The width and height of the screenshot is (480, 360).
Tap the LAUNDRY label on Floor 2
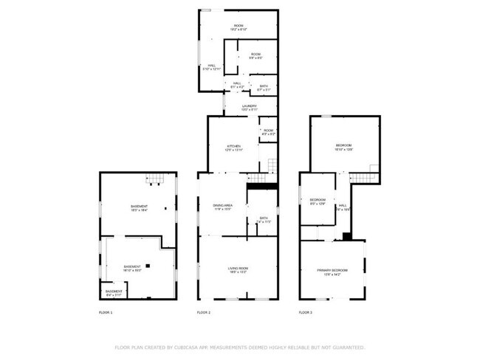249,108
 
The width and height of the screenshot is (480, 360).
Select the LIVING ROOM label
237,270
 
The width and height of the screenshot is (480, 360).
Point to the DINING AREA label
222,207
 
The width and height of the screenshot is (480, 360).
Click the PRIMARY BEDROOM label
332,272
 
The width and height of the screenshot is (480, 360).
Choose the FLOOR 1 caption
106,313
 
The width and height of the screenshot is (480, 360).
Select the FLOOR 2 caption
204,313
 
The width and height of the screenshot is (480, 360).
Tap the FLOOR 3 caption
306,313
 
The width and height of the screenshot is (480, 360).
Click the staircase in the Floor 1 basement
153,178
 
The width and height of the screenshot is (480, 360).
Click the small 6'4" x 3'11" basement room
114,293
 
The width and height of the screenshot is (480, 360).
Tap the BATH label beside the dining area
264,220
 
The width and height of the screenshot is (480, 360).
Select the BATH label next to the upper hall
264,88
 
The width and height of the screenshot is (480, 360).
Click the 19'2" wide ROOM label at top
239,28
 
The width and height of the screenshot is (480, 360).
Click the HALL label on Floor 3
343,207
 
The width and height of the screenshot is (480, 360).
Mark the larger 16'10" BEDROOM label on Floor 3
345,147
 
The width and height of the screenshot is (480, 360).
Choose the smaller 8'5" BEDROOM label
318,201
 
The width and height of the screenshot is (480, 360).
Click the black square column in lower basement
148,265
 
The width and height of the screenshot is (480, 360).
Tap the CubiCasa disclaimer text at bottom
239,347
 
